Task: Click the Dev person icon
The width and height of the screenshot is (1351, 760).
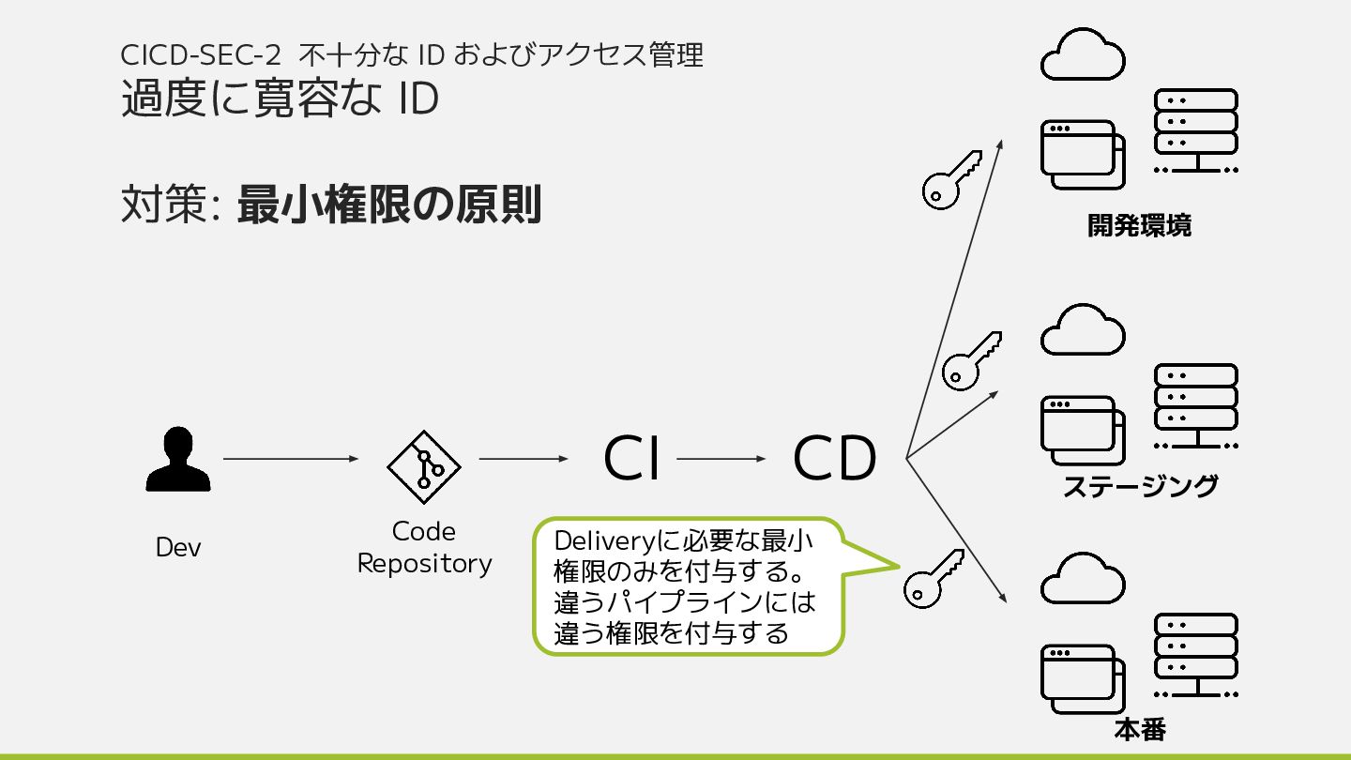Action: point(178,460)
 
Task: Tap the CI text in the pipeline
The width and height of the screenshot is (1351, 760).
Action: point(631,459)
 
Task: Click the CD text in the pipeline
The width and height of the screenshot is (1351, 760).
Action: point(834,459)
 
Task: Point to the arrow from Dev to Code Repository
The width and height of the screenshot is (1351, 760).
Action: point(291,459)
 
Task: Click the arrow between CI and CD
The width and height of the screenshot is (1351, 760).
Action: point(721,459)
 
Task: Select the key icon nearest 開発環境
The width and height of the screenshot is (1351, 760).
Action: point(949,180)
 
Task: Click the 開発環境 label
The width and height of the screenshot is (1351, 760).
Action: point(1139,226)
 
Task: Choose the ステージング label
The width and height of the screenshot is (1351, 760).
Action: point(1140,486)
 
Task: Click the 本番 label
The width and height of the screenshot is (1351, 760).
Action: point(1140,730)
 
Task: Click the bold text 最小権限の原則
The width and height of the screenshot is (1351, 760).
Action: point(389,205)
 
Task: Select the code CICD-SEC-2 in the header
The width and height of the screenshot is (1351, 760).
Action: point(201,55)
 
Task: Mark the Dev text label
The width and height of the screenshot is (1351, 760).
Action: point(178,548)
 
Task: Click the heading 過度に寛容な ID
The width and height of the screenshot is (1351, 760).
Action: point(280,99)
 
